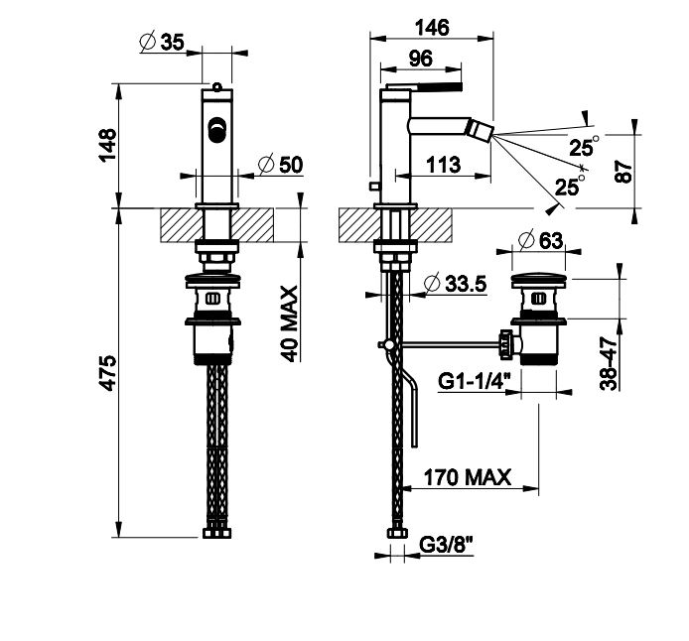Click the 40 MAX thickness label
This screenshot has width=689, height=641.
point(290,322)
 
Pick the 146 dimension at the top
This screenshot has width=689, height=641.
point(433,27)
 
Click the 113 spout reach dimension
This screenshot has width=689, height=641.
point(443,164)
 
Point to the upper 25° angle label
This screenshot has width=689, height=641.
point(585,148)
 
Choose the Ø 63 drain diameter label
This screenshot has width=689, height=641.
point(540,239)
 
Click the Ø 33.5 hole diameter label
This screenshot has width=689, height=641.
point(453,284)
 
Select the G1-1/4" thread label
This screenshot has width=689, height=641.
point(474,379)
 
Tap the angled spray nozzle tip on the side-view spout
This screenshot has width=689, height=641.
point(482,128)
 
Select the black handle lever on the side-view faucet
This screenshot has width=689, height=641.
point(438,87)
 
